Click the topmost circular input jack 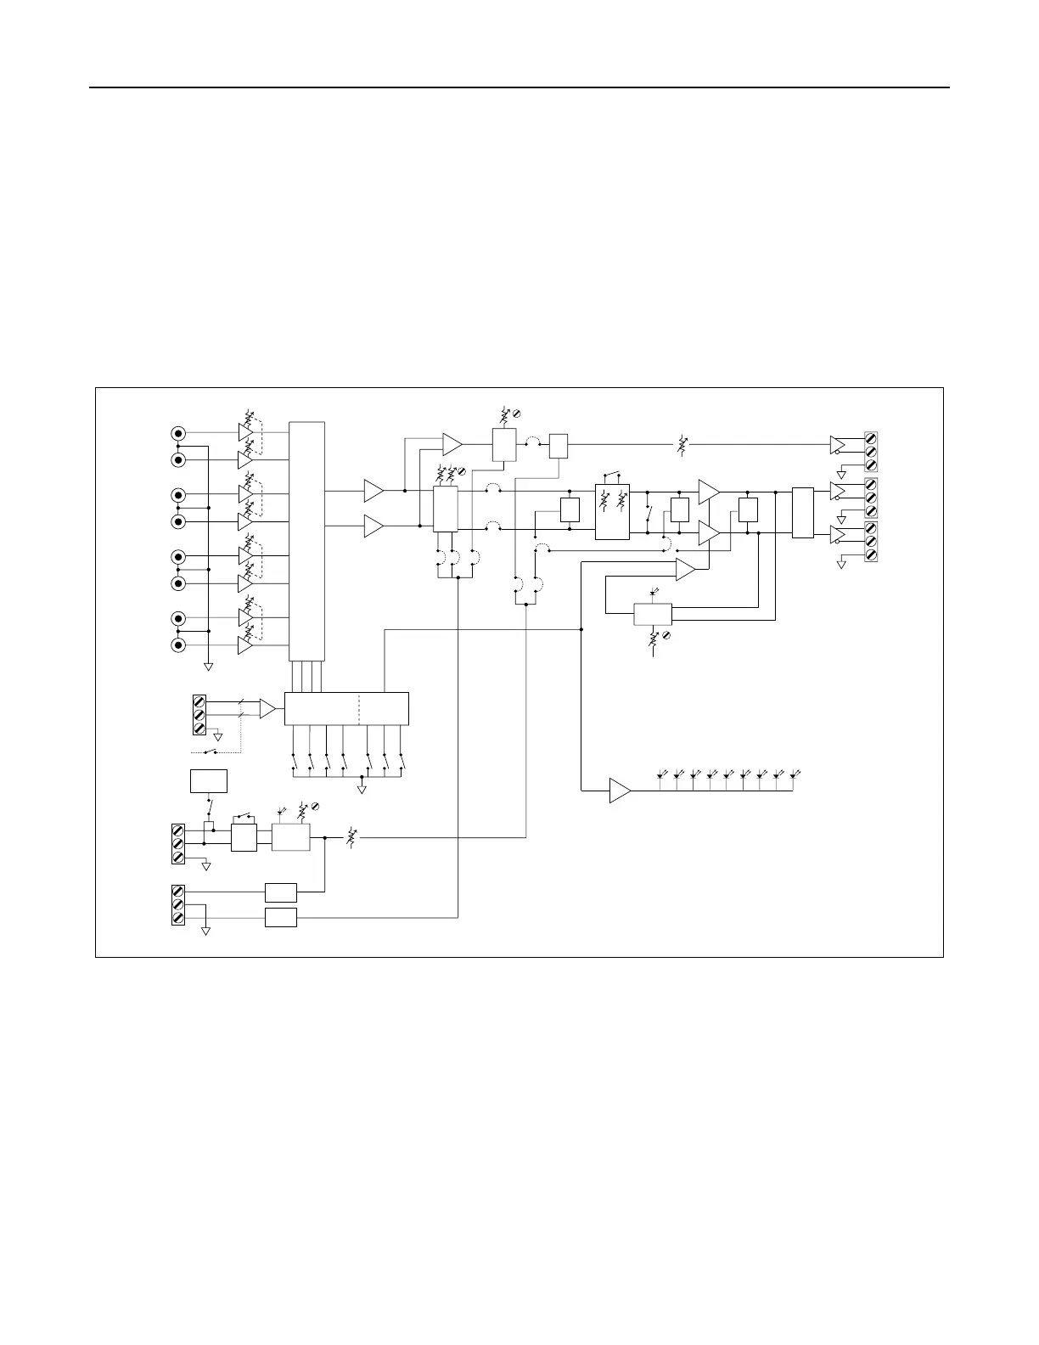(x=178, y=432)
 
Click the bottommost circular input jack (x=178, y=645)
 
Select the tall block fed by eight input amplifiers (x=306, y=540)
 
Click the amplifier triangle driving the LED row (x=620, y=791)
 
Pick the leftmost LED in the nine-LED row (x=662, y=774)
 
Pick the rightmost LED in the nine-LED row (x=795, y=774)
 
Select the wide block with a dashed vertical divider (x=346, y=708)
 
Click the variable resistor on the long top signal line (x=682, y=443)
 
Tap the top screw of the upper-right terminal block (x=871, y=437)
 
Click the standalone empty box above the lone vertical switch (x=208, y=780)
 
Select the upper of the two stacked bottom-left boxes (x=281, y=892)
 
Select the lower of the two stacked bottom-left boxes (x=281, y=917)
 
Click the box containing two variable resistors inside (x=612, y=512)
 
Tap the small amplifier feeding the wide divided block (x=267, y=708)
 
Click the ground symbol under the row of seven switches (x=362, y=789)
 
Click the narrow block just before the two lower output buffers (x=802, y=512)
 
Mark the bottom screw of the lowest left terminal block (x=178, y=918)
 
